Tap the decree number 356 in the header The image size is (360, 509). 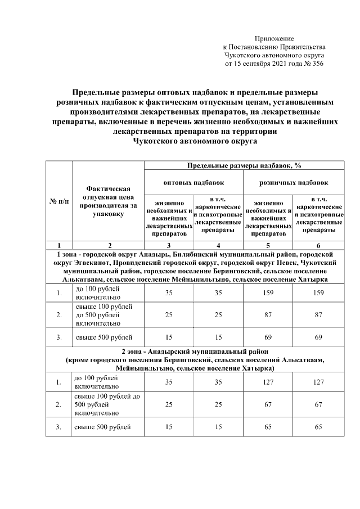click(x=318, y=64)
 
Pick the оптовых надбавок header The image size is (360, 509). click(x=193, y=183)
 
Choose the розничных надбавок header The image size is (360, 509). click(x=294, y=183)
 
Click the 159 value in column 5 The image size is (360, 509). click(x=268, y=293)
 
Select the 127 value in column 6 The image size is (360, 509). click(x=318, y=382)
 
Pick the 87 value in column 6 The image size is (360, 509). click(x=318, y=315)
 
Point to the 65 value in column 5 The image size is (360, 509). click(x=268, y=427)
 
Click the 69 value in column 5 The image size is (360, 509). click(x=268, y=337)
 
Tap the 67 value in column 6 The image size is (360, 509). click(x=318, y=404)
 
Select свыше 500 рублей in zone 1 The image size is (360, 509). click(x=104, y=337)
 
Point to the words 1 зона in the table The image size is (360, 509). click(x=63, y=254)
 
